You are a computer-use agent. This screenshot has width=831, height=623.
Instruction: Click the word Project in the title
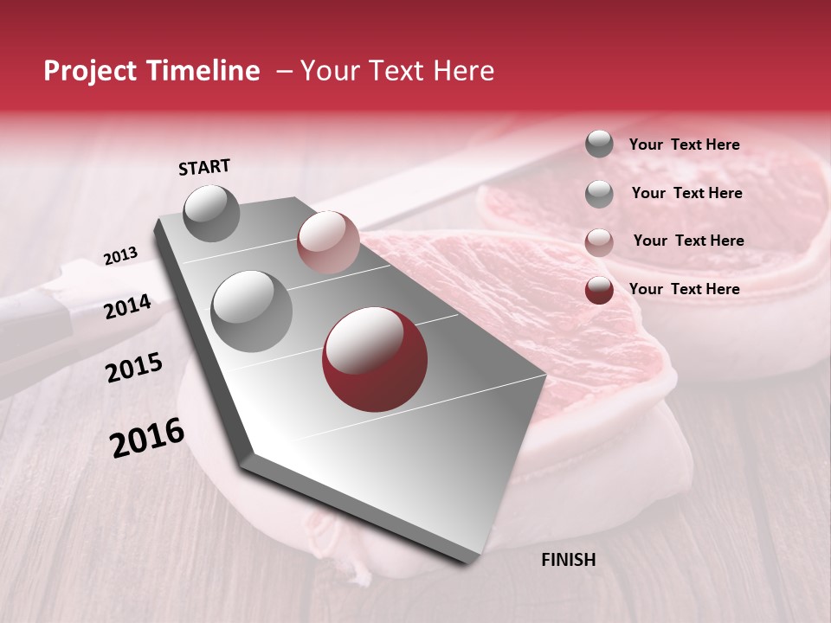coord(91,72)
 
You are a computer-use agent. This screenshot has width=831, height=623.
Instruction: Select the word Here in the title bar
coord(462,71)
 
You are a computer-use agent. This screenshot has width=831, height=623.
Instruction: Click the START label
coord(204,167)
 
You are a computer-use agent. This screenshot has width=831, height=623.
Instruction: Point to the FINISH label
coord(568,560)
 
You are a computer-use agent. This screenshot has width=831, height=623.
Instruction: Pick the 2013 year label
coord(120,256)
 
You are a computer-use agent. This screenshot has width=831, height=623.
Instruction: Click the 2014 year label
coord(127,307)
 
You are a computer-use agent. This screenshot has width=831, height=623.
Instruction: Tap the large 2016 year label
coord(147,438)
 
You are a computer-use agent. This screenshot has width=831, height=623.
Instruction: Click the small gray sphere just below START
coord(212,213)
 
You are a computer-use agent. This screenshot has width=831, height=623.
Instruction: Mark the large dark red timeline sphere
coord(375,360)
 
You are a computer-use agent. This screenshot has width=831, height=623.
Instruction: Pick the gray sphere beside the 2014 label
coord(251,311)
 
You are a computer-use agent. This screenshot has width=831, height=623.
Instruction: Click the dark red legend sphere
coord(599,290)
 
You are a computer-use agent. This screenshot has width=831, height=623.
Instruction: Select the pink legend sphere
coord(599,242)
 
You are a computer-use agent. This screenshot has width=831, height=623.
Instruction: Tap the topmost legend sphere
coord(599,145)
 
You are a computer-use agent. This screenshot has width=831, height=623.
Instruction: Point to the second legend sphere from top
coord(599,194)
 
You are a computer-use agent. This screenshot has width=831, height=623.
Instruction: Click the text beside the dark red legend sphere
coord(684,289)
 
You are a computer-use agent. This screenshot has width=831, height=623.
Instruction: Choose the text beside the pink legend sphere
coord(688,241)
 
